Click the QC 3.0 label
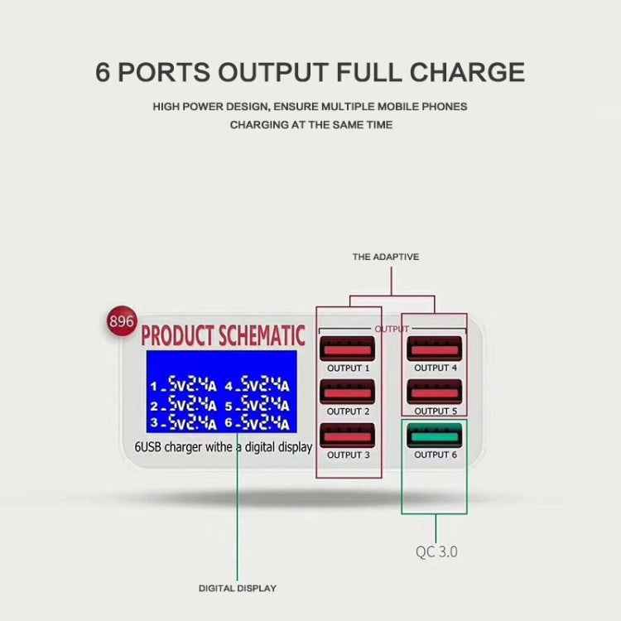click(436, 551)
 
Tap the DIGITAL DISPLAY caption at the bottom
click(238, 588)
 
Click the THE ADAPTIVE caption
click(386, 257)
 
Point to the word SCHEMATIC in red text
click(263, 336)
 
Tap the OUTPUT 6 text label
click(436, 455)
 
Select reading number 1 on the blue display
click(183, 385)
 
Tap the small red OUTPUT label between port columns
click(392, 329)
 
